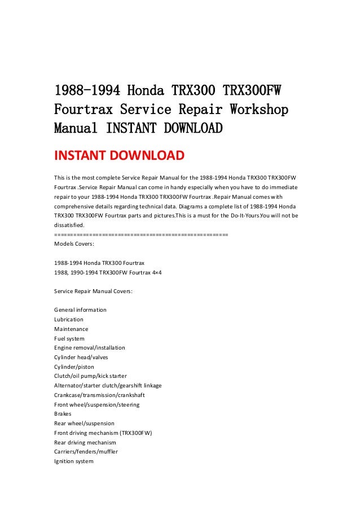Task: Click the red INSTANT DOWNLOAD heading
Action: tap(118, 155)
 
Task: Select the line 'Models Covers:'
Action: tap(73, 244)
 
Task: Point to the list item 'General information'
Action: tap(80, 310)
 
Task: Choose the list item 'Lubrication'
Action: tap(68, 320)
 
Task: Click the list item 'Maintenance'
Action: tap(71, 329)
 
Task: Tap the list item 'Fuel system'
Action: tap(69, 338)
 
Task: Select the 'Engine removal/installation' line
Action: tap(89, 348)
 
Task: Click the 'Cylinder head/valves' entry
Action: tap(81, 357)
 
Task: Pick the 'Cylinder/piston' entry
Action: tap(74, 367)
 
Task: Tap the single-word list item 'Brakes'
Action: tap(63, 414)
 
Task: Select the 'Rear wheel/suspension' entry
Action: tap(84, 423)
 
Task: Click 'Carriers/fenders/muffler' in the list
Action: tap(86, 451)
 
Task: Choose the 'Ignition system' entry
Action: tap(73, 461)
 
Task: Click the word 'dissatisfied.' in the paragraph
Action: tap(69, 224)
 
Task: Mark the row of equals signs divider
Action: tap(141, 234)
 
